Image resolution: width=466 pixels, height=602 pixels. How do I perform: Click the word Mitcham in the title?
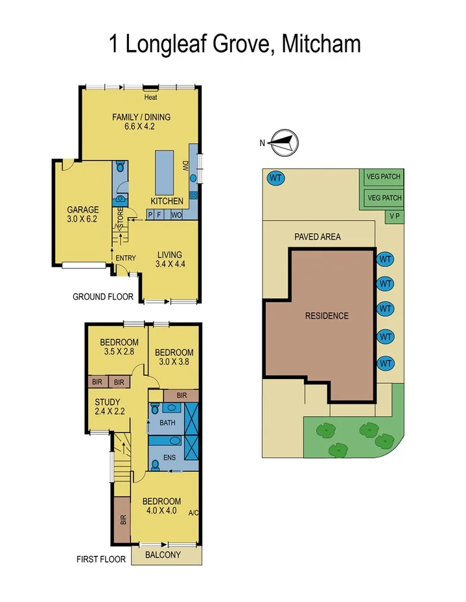(x=321, y=44)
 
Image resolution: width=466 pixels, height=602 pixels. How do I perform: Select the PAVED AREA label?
(x=318, y=237)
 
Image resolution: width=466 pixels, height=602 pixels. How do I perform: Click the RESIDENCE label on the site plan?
(x=327, y=316)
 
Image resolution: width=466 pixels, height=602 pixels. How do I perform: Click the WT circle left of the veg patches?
(x=275, y=177)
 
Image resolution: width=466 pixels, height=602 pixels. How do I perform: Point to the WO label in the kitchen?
(x=176, y=215)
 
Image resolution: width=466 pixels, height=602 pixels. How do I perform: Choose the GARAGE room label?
(x=83, y=214)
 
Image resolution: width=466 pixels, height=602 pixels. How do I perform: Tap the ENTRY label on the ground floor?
(x=125, y=258)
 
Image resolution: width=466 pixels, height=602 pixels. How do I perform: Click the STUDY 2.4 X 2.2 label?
(x=107, y=406)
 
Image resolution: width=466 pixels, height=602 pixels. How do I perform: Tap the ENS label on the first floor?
(x=169, y=457)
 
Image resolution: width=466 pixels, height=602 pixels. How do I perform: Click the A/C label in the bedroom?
(x=193, y=513)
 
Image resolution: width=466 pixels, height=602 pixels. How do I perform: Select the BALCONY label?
(x=163, y=555)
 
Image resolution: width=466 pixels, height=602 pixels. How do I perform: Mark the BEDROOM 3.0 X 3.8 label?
(x=174, y=357)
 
